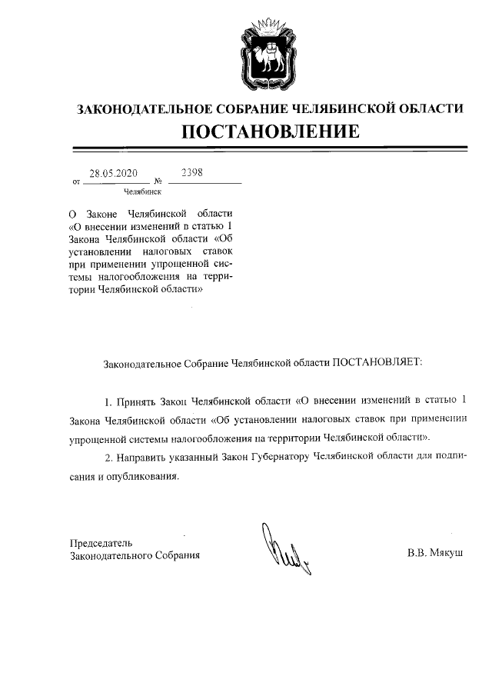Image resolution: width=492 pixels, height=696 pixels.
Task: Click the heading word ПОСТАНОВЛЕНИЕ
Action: coord(270,132)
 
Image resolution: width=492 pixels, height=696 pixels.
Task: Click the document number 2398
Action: coord(191,173)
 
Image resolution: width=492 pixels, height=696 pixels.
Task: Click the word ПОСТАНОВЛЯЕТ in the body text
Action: coord(377,360)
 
